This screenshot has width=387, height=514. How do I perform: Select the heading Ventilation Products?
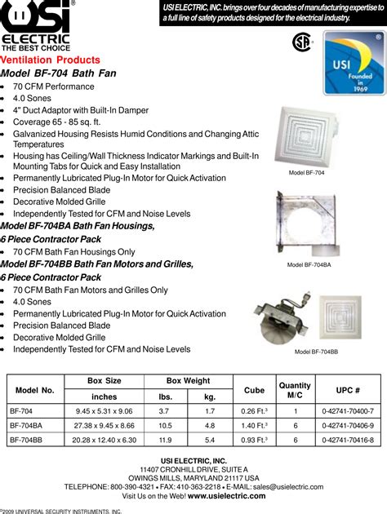pyautogui.click(x=51, y=60)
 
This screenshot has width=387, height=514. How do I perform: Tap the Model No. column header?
pyautogui.click(x=34, y=389)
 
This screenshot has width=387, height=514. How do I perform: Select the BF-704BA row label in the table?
pyautogui.click(x=26, y=425)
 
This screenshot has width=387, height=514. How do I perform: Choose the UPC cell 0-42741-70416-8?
pyautogui.click(x=348, y=439)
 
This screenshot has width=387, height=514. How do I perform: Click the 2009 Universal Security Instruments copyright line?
pyautogui.click(x=61, y=510)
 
